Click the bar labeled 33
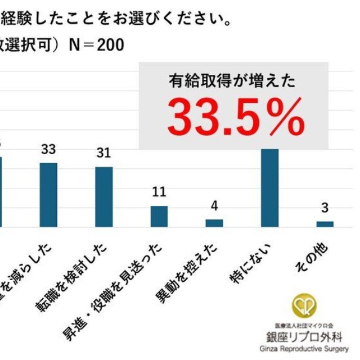click(48, 195)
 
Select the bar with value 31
click(103, 197)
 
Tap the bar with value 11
click(159, 216)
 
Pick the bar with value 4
click(214, 223)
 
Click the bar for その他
click(325, 223)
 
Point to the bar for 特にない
click(270, 188)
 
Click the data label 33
click(48, 150)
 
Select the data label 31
click(103, 154)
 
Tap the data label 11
click(159, 192)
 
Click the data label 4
click(214, 205)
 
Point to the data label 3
click(325, 208)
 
